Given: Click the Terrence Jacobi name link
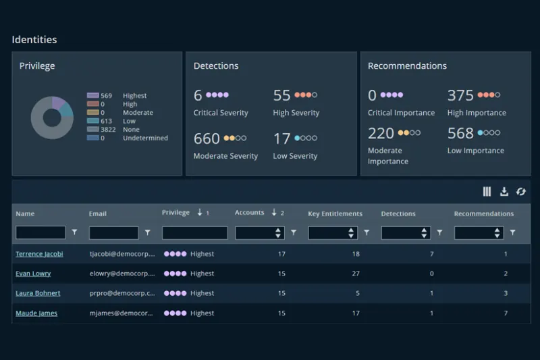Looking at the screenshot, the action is (39, 254).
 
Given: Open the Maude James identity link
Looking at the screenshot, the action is (36, 313).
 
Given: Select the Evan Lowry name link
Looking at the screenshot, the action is (33, 274).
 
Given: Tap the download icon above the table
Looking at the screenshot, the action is (504, 192).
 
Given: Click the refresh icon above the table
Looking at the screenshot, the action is (520, 192).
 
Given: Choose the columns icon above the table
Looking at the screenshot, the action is (487, 192).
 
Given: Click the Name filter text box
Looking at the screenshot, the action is (40, 232).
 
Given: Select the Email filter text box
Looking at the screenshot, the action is (113, 232).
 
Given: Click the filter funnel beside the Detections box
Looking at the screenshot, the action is (440, 232).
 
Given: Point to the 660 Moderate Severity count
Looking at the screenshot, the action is (207, 138).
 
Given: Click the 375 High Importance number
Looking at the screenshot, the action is (460, 95).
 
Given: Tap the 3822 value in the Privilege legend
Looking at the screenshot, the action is (108, 130).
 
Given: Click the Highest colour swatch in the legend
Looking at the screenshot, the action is (92, 95).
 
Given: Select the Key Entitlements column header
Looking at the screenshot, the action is (335, 213).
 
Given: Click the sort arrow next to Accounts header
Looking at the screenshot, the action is (274, 212).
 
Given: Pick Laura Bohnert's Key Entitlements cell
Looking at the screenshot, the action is (358, 293).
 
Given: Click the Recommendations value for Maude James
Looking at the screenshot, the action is (506, 313).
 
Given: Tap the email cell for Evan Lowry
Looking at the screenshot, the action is (122, 274).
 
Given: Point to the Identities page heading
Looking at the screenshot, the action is (34, 40).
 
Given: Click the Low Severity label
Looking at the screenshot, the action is (295, 156).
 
